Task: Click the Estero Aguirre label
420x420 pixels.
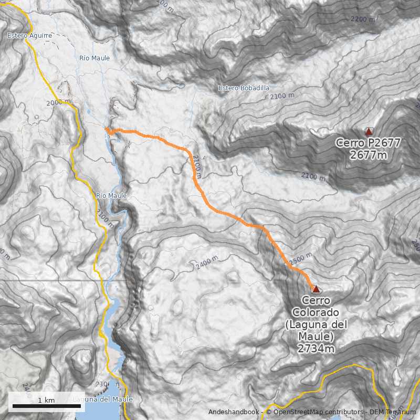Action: [29, 36]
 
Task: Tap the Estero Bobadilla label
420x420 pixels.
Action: [244, 88]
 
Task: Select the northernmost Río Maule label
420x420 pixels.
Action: [94, 58]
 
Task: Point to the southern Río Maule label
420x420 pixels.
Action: [111, 196]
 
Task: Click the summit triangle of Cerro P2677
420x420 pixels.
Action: [369, 132]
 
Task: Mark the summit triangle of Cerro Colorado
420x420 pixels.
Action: [316, 289]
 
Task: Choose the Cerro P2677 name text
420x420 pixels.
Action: [369, 143]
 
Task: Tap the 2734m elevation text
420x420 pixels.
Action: [316, 347]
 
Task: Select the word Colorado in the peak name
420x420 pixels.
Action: [316, 313]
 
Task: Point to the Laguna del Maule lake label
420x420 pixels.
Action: [102, 400]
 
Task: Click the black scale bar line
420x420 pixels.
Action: [46, 406]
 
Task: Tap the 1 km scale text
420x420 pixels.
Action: [46, 400]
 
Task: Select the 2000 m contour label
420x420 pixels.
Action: [58, 103]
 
